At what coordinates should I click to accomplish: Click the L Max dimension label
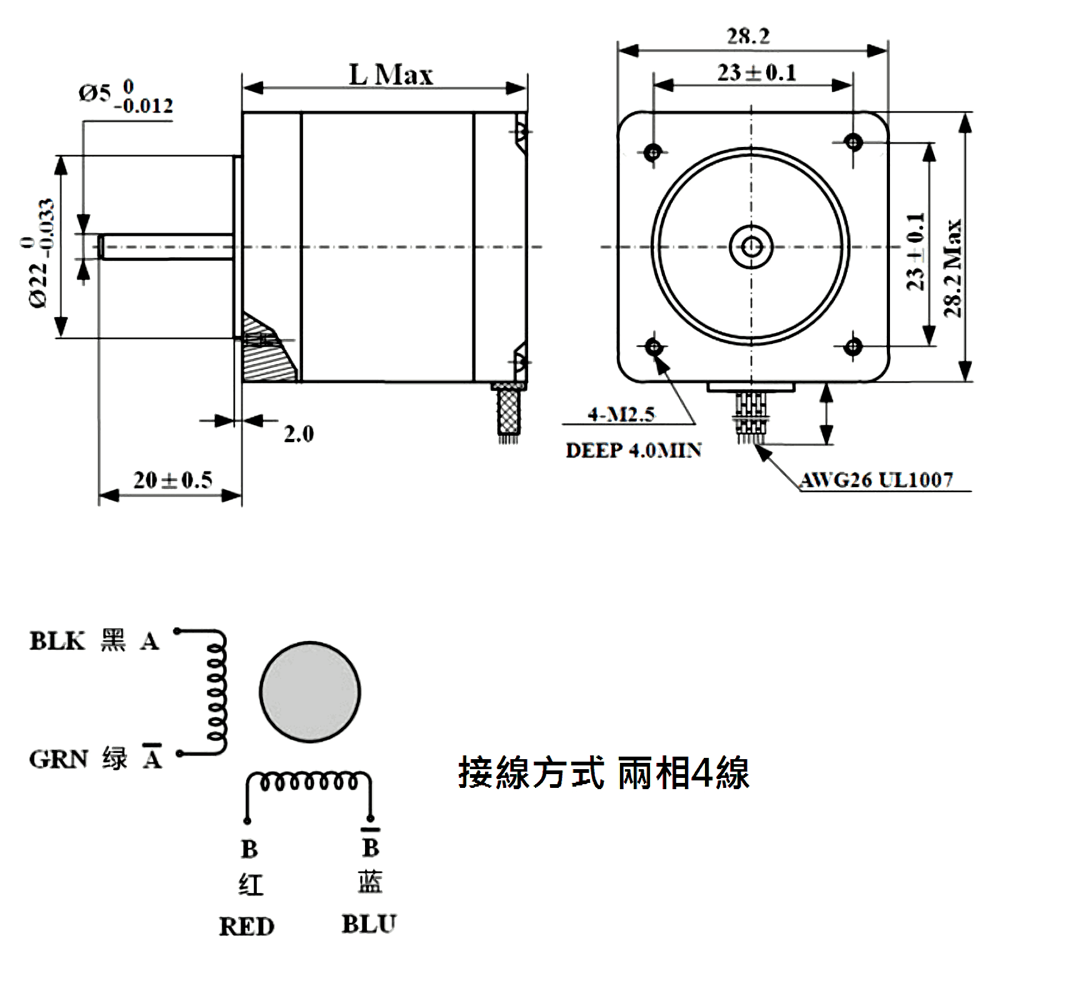[390, 76]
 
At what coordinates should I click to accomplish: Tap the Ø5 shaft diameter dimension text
[126, 98]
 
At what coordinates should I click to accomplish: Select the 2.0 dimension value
[299, 434]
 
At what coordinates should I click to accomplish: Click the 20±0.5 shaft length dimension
[172, 480]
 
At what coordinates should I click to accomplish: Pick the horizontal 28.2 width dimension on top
[748, 36]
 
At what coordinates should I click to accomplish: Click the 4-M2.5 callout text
[621, 414]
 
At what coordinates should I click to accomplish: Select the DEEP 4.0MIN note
[633, 450]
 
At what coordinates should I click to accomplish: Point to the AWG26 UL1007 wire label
[876, 480]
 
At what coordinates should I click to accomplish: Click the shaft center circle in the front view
[752, 246]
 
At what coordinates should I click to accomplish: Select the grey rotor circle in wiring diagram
[309, 692]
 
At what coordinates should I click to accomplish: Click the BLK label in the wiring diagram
[57, 641]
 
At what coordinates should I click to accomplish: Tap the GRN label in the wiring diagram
[58, 759]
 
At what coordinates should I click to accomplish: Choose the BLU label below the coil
[369, 924]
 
